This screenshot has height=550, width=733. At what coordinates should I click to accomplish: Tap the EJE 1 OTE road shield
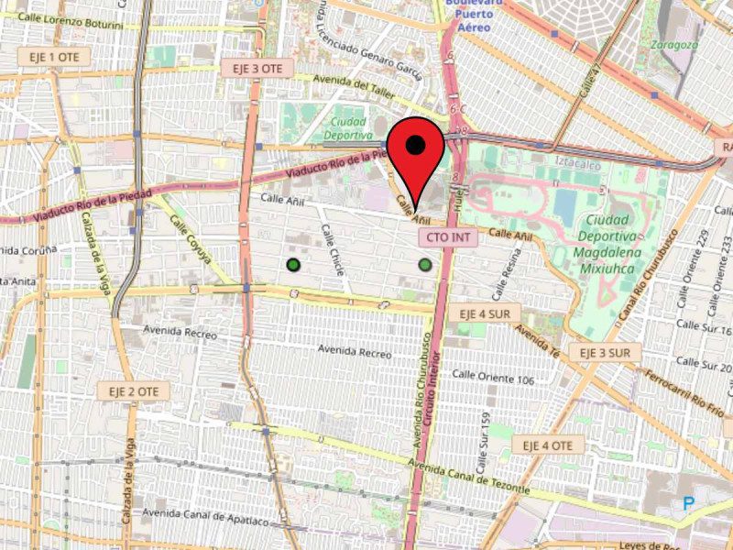[49, 57]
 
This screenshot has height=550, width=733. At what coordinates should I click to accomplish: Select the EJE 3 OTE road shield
[257, 68]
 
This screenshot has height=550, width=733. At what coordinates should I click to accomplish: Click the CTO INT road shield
[448, 236]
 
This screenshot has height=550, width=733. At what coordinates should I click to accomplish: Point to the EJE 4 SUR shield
[484, 313]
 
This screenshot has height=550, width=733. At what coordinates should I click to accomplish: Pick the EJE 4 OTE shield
[548, 445]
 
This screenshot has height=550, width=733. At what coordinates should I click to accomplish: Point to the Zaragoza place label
[674, 44]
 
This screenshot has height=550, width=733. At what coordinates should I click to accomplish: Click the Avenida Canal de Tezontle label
[468, 478]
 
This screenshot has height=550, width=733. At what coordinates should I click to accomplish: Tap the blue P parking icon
[688, 502]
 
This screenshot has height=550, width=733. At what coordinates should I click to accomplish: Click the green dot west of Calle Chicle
[293, 265]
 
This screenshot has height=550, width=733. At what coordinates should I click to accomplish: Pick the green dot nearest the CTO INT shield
[425, 265]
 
